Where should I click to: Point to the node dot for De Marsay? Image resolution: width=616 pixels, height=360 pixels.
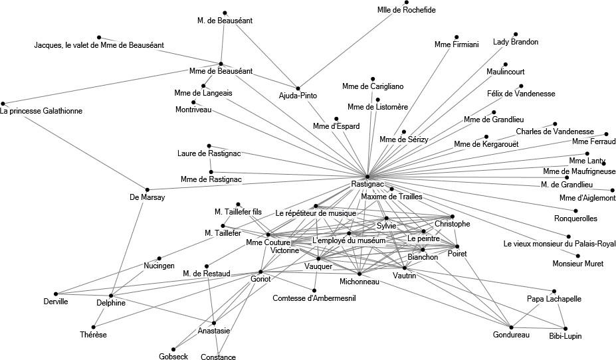(148, 190)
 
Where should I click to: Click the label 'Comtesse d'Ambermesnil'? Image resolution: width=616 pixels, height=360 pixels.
(314, 298)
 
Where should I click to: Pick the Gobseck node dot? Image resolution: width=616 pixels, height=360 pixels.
(173, 349)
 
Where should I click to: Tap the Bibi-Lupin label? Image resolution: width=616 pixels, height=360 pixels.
(565, 336)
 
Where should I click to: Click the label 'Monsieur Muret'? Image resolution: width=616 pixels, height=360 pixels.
(578, 264)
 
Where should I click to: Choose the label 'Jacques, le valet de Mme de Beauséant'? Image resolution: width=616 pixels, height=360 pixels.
(99, 45)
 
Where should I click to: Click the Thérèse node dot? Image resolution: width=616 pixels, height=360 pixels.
(94, 327)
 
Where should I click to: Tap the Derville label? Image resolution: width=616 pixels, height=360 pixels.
(55, 302)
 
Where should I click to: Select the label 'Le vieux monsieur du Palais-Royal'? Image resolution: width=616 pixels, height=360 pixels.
(560, 243)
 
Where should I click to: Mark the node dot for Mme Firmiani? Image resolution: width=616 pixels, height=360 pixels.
(457, 37)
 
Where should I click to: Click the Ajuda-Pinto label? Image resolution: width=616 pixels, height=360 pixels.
(298, 96)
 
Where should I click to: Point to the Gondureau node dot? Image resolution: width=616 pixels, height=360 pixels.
(511, 327)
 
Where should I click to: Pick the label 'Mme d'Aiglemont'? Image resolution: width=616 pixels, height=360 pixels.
(587, 198)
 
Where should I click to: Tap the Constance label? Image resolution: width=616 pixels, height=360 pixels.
(218, 357)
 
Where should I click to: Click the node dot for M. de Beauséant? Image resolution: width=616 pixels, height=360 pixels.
(225, 13)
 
